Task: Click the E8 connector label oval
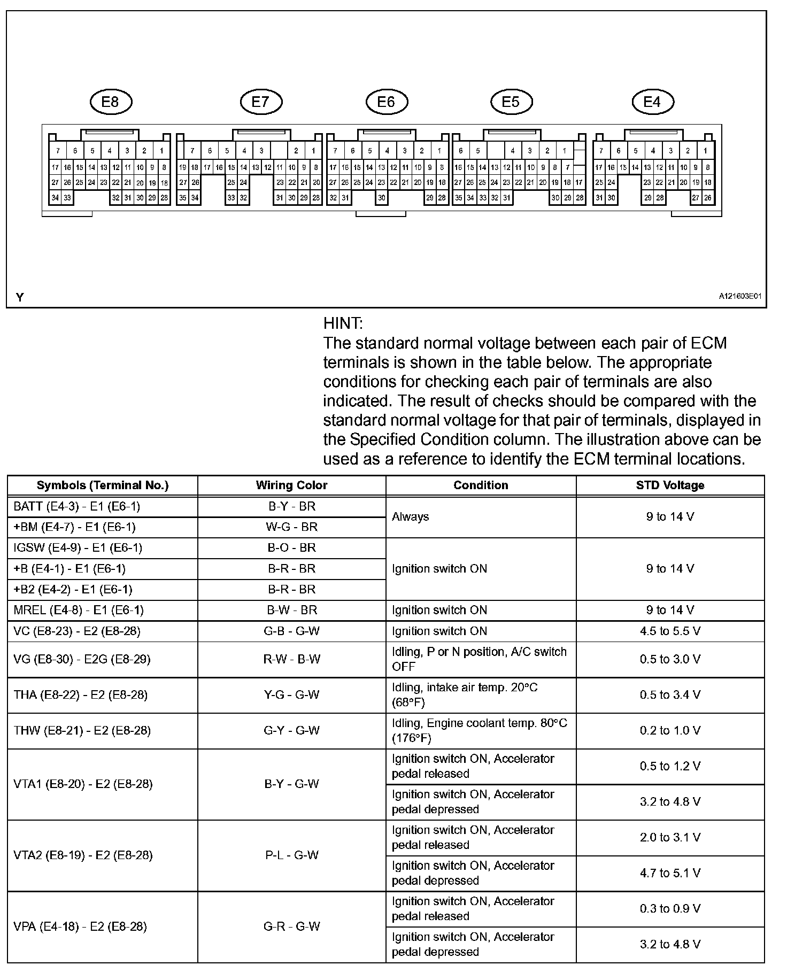tap(110, 102)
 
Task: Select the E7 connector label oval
tap(260, 102)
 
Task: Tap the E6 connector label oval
tap(386, 102)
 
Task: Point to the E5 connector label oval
tap(511, 102)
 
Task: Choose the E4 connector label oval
tap(652, 102)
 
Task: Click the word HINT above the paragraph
tap(343, 323)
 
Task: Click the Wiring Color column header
tap(291, 485)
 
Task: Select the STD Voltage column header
tap(670, 485)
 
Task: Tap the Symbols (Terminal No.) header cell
tap(103, 485)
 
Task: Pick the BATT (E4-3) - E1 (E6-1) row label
tap(77, 506)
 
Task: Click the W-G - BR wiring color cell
tap(291, 527)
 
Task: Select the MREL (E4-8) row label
tap(79, 610)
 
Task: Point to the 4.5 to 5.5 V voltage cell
tap(670, 631)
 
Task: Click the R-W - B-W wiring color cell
tap(291, 659)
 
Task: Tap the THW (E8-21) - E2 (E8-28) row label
tap(82, 730)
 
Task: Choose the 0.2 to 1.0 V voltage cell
tap(670, 730)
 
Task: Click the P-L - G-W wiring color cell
tap(291, 855)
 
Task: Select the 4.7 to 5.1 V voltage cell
tap(670, 873)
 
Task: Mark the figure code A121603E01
tap(740, 296)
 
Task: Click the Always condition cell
tap(410, 517)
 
